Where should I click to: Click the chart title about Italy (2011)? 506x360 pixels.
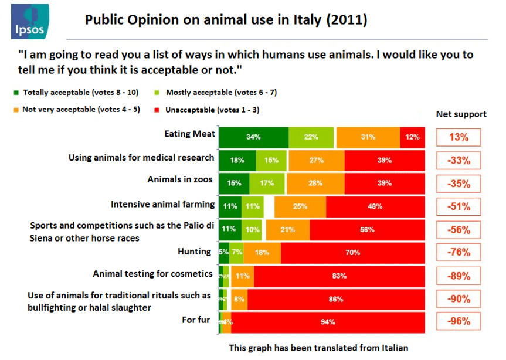point(226,20)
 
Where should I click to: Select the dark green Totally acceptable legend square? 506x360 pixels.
point(16,93)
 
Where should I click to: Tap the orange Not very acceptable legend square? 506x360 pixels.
point(16,110)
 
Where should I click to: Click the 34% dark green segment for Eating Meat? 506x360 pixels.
point(253,137)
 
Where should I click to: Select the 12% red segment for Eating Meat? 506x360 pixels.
point(412,137)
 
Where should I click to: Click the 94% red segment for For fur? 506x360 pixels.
point(328,322)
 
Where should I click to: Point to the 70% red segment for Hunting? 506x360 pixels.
point(352,252)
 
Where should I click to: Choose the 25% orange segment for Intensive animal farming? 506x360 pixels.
point(300,206)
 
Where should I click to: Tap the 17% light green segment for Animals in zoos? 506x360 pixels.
point(267,183)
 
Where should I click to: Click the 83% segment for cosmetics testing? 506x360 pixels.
point(339,275)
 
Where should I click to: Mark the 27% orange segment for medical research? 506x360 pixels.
point(315,160)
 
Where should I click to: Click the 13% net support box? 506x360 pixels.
point(459,137)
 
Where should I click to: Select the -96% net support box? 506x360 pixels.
point(459,322)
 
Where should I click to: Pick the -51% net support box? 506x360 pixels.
point(459,206)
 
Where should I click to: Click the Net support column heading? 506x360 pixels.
point(461,114)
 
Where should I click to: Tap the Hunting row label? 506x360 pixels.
point(194,252)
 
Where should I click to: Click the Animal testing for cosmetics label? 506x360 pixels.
point(152,274)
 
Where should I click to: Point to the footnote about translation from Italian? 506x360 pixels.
point(318,348)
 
